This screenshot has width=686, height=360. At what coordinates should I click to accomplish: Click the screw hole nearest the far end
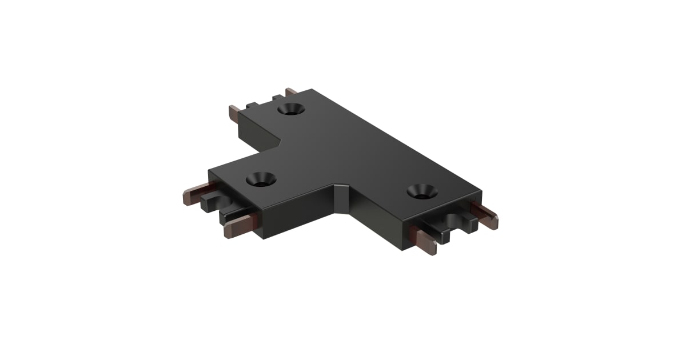[x=292, y=109]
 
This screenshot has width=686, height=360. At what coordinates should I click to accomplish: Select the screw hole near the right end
[x=422, y=190]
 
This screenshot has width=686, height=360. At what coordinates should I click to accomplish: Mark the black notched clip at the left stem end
[x=212, y=203]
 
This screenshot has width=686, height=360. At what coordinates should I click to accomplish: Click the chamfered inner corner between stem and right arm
[x=343, y=197]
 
